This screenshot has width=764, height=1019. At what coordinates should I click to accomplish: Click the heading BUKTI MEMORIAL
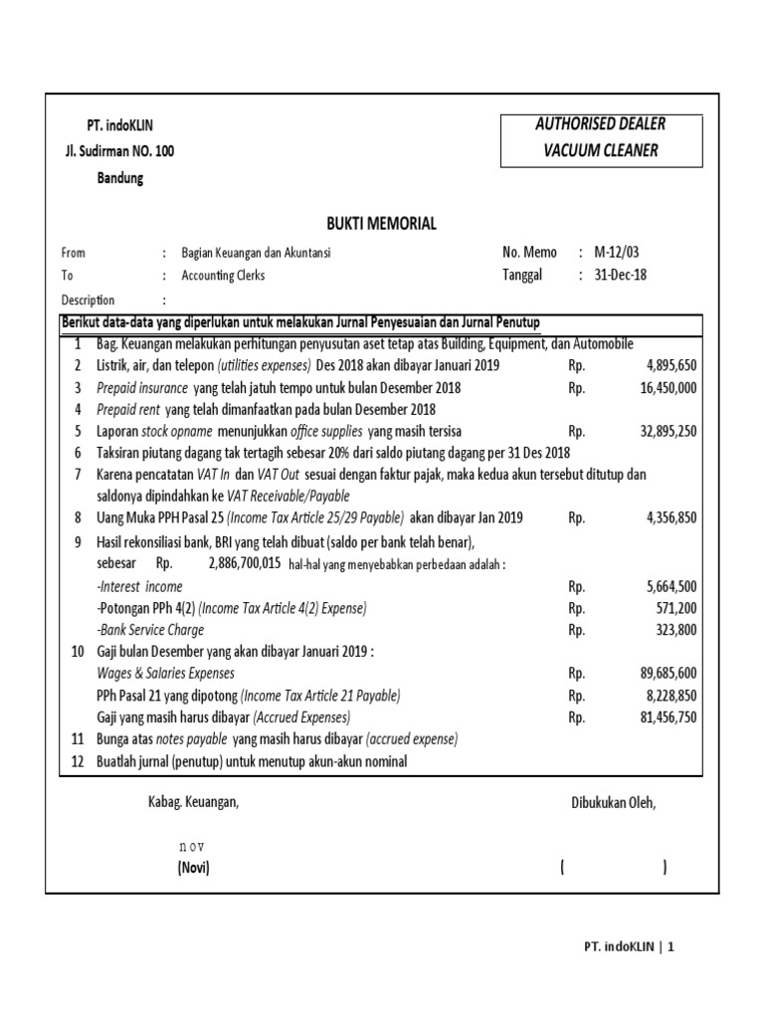[x=381, y=224]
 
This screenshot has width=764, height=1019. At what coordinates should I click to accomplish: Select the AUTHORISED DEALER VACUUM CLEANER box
[x=600, y=138]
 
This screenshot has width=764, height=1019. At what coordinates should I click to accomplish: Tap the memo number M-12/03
[x=619, y=253]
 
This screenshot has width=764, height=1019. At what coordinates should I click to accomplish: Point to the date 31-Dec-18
[x=620, y=276]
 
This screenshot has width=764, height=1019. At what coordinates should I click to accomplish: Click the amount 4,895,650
[x=671, y=365]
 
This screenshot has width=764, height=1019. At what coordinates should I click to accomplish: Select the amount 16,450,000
[x=668, y=388]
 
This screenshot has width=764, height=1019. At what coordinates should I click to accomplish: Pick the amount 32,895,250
[x=668, y=432]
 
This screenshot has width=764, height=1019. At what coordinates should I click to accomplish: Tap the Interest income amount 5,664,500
[x=671, y=587]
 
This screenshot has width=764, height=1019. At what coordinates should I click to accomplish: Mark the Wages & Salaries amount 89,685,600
[x=668, y=674]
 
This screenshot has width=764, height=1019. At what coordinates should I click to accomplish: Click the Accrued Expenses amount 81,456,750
[x=668, y=717]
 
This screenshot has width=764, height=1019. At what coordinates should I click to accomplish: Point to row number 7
[x=77, y=475]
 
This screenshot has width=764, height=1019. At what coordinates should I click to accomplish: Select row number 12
[x=77, y=762]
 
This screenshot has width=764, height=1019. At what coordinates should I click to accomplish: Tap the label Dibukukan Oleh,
[x=614, y=802]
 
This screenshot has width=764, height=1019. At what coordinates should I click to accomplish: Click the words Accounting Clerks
[x=223, y=276]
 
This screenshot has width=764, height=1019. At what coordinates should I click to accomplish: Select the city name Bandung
[x=119, y=179]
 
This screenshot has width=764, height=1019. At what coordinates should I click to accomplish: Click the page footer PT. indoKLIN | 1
[x=628, y=948]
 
